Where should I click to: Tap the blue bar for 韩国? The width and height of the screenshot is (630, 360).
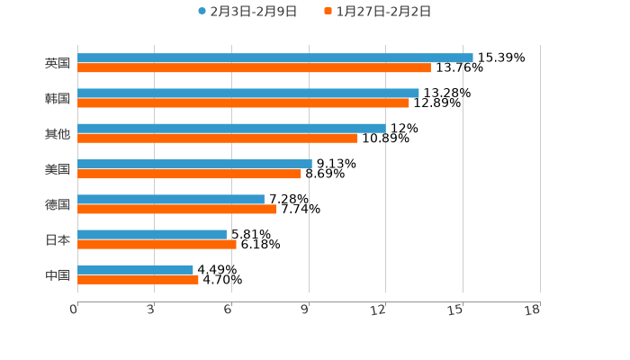(x=247, y=93)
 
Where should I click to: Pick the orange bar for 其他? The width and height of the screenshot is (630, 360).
(x=217, y=138)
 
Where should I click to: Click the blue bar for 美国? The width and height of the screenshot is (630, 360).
(x=194, y=164)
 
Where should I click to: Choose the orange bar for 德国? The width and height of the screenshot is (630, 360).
(x=176, y=209)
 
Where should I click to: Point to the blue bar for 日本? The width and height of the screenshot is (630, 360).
(x=151, y=234)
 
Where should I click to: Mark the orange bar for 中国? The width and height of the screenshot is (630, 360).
(x=138, y=279)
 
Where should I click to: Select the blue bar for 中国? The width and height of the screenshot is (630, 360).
(x=135, y=269)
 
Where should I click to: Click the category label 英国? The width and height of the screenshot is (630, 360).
(x=58, y=63)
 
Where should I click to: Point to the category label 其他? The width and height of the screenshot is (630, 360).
(x=58, y=133)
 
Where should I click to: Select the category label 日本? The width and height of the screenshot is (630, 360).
(x=58, y=239)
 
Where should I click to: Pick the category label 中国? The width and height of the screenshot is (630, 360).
(x=58, y=274)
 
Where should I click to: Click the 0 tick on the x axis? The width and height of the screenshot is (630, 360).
(x=74, y=310)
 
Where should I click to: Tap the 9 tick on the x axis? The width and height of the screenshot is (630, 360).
(x=306, y=310)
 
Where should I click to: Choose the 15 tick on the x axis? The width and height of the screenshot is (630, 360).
(x=456, y=310)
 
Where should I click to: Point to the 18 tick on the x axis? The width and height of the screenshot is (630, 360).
(x=533, y=310)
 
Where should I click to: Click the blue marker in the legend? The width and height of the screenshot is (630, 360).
(x=202, y=12)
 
